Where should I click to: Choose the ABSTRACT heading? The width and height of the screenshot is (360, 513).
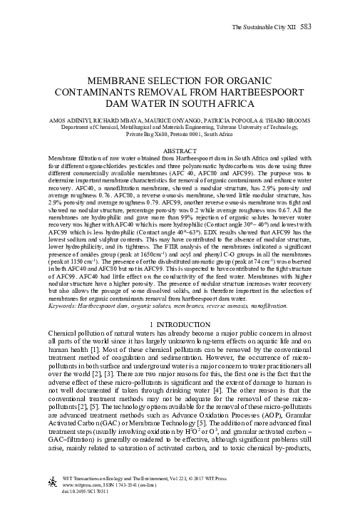(180, 151)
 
